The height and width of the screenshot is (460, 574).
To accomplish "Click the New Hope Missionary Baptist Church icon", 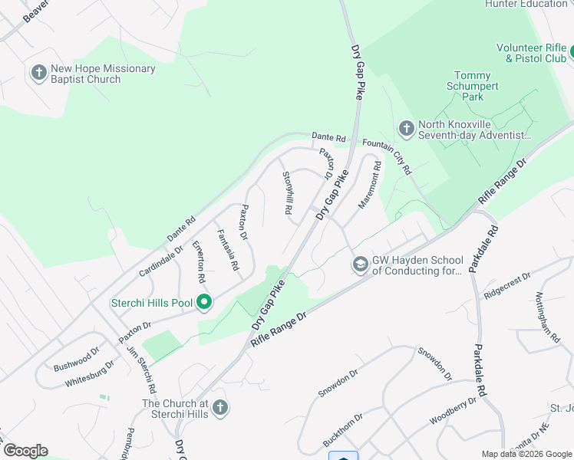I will click(x=38, y=74).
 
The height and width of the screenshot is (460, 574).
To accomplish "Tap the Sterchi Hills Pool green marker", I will click(x=203, y=303).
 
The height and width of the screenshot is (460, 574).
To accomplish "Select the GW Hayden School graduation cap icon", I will click(x=359, y=264).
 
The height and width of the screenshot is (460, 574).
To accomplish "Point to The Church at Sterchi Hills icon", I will click(x=220, y=408).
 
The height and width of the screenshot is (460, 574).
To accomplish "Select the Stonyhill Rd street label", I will click(x=288, y=192).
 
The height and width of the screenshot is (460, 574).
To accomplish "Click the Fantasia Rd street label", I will click(x=228, y=251).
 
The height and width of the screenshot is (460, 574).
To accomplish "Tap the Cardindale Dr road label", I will click(x=160, y=261).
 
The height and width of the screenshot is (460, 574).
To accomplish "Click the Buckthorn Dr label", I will click(x=342, y=431).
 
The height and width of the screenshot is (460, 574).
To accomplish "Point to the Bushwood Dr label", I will click(x=77, y=360).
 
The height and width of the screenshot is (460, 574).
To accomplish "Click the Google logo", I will click(x=25, y=451).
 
